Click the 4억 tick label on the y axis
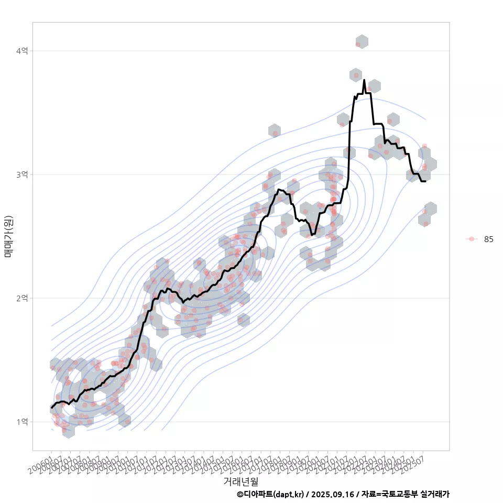tap(22, 51)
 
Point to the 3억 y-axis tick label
tap(22, 174)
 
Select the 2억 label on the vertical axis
tap(22, 298)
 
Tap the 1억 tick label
tap(22, 422)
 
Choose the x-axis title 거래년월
tap(240, 481)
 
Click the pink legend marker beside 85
tap(472, 239)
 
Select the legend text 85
tap(489, 239)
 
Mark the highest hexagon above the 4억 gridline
tap(362, 42)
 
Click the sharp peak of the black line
tap(364, 80)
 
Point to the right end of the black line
tap(425, 181)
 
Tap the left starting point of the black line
tap(51, 407)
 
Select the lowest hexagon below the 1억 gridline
tap(68, 431)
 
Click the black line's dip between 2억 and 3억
tap(312, 235)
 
